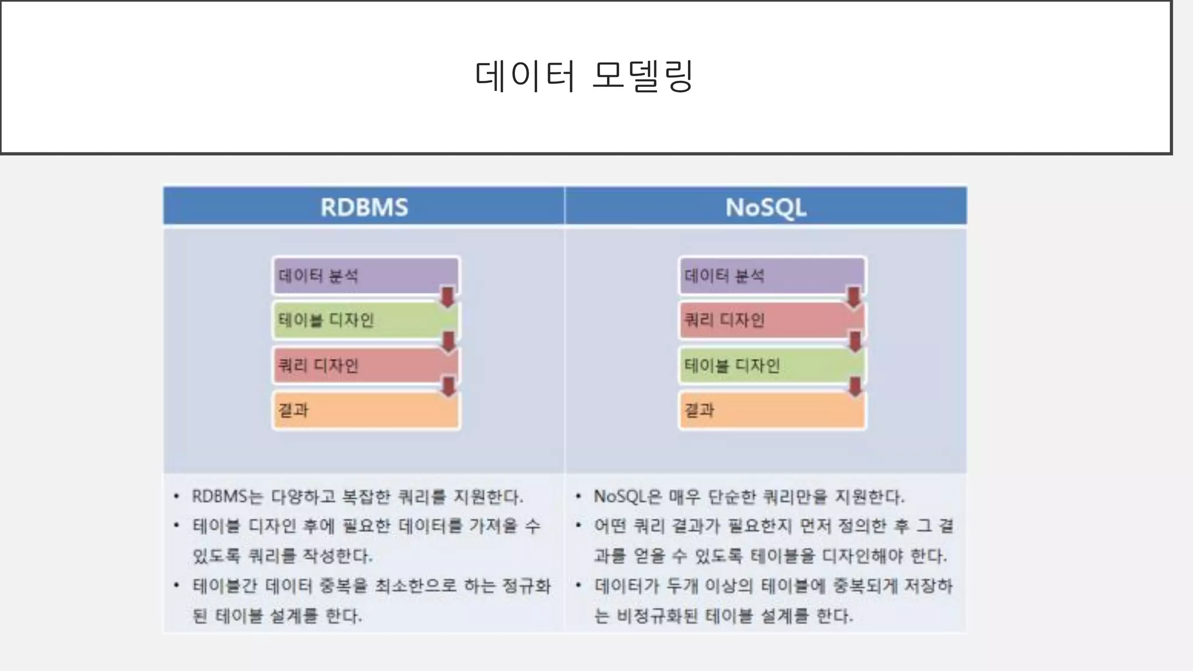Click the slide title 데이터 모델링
point(584,76)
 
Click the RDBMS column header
point(364,207)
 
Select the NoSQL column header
point(765,207)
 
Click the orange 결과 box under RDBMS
point(366,411)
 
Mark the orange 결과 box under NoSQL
point(772,411)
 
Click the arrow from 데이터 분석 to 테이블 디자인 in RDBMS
point(447,296)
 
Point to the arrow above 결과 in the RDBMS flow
point(449,387)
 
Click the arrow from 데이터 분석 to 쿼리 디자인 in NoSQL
point(853,296)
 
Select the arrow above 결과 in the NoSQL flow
point(855,387)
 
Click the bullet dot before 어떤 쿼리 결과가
point(578,525)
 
